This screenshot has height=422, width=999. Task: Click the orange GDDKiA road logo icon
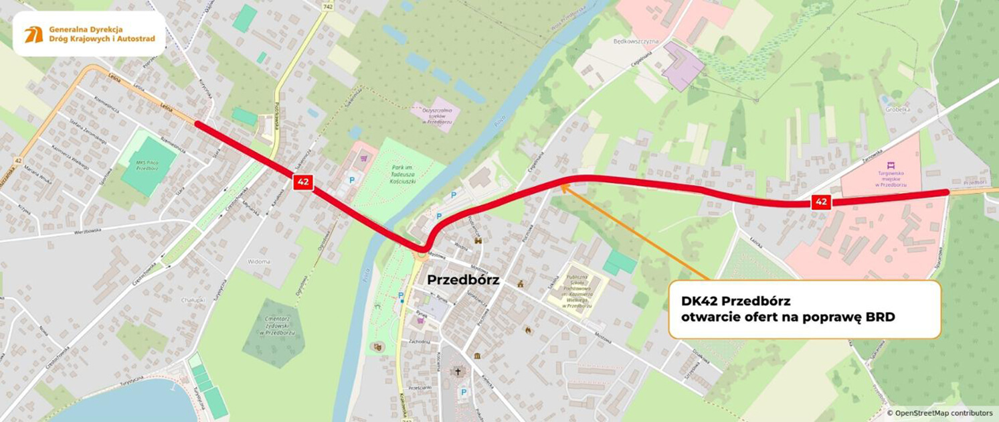pyautogui.click(x=33, y=35)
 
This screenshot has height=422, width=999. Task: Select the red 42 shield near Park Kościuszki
pyautogui.click(x=303, y=182)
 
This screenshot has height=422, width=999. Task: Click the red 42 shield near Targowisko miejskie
pyautogui.click(x=821, y=202)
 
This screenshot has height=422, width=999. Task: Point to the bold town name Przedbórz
pyautogui.click(x=464, y=280)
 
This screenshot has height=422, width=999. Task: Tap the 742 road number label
pyautogui.click(x=327, y=7)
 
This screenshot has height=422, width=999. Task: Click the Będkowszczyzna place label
pyautogui.click(x=636, y=42)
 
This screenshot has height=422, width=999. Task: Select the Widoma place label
pyautogui.click(x=258, y=261)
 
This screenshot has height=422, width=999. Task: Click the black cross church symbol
pyautogui.click(x=458, y=371)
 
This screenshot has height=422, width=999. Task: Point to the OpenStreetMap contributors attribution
pyautogui.click(x=939, y=413)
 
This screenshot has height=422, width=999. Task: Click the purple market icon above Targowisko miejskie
pyautogui.click(x=890, y=165)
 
